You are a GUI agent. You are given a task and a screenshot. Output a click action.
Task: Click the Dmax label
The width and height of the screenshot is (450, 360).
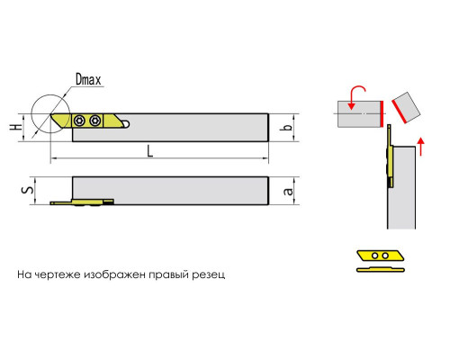(x=88, y=80)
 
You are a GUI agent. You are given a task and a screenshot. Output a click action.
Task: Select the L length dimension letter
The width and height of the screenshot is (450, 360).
(x=150, y=151)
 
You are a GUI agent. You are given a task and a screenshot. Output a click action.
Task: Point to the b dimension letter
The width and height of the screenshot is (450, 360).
(x=288, y=127)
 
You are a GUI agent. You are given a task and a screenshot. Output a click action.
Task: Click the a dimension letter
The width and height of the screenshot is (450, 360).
(x=288, y=191)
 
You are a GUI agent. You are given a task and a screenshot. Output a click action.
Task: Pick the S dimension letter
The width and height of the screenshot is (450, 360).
(x=29, y=190)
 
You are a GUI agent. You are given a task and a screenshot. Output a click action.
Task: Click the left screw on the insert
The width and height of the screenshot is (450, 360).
(x=80, y=121)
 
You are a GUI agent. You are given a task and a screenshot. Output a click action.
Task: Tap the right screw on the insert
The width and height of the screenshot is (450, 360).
(x=94, y=121)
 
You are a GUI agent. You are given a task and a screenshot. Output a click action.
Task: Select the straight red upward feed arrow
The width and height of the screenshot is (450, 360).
(x=421, y=147)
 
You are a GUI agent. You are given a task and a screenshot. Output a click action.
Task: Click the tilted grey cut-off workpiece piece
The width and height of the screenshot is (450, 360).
(x=406, y=107)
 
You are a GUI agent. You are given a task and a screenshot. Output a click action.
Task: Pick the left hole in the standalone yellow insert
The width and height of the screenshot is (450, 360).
(x=374, y=256)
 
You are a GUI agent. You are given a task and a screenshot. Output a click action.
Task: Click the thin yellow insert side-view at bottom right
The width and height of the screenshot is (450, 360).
(x=381, y=269)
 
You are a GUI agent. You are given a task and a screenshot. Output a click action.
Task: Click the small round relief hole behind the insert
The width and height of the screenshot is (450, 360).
(x=126, y=123)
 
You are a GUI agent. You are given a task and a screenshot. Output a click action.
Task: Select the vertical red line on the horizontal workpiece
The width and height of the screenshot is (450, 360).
(x=382, y=113)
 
